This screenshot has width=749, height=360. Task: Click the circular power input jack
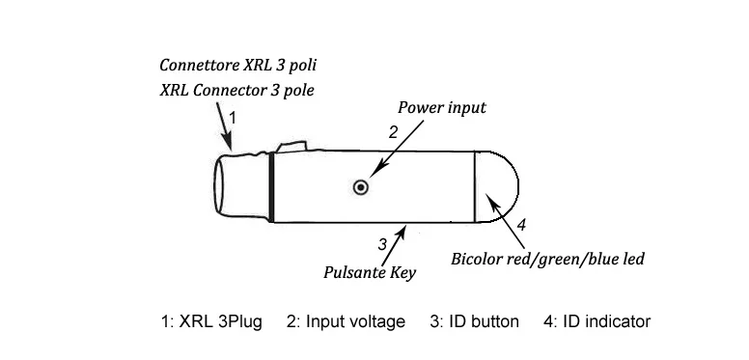(x=361, y=187)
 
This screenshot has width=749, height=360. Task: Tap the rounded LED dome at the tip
(x=497, y=186)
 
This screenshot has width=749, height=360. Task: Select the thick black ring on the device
(x=271, y=187)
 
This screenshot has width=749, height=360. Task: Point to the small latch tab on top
(x=291, y=147)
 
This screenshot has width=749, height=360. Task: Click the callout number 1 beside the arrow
(x=233, y=118)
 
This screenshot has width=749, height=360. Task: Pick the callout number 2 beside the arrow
(x=393, y=132)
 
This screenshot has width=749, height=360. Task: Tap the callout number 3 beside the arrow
(x=382, y=244)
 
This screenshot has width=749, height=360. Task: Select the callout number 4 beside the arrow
(x=521, y=225)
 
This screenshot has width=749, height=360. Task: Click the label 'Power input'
(x=442, y=107)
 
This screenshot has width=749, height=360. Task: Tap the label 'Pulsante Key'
(x=370, y=272)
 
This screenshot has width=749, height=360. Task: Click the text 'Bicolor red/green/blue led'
(x=548, y=259)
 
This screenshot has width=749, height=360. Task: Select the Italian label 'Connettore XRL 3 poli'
(x=237, y=65)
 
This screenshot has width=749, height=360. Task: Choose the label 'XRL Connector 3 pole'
(x=236, y=90)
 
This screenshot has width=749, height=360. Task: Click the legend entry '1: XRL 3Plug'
(x=211, y=321)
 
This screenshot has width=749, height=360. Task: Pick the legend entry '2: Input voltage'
(x=346, y=321)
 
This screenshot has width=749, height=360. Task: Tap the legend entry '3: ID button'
(x=474, y=321)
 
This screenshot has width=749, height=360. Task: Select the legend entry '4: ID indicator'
(x=597, y=321)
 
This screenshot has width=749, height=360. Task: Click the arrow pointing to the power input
(x=397, y=149)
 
